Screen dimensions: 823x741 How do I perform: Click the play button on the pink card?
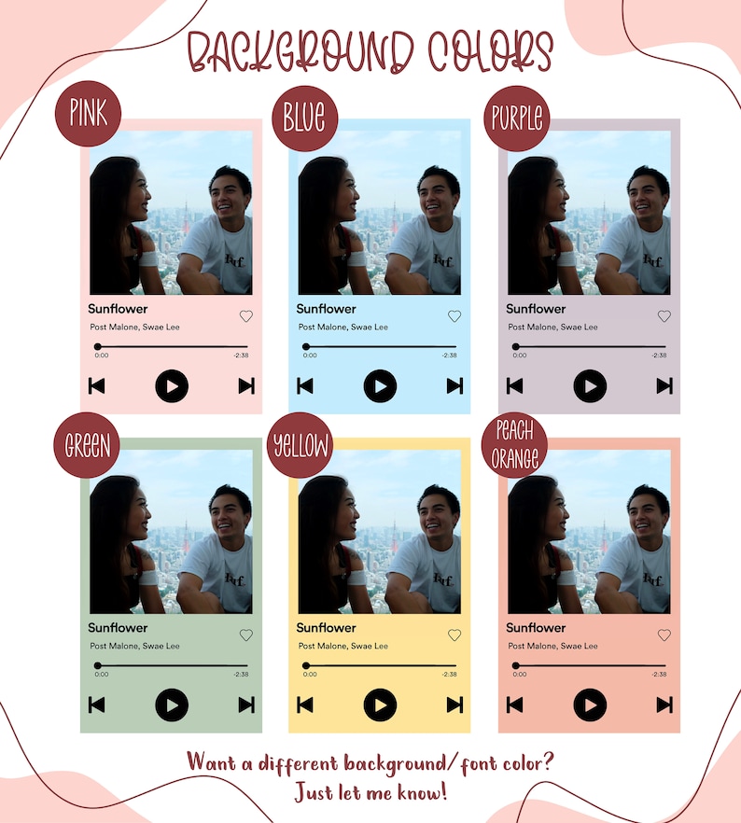click(x=172, y=385)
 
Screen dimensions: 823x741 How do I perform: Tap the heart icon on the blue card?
click(x=454, y=316)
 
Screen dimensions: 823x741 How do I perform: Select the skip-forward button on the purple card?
click(x=664, y=385)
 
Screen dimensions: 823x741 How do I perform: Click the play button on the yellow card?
click(x=380, y=704)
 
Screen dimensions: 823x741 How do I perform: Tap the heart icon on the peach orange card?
click(x=664, y=635)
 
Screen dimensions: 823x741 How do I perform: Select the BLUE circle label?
click(x=304, y=119)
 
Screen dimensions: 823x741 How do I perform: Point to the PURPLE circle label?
click(x=517, y=119)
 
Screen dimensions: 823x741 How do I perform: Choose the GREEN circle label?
click(x=88, y=445)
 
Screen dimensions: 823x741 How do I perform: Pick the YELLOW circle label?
click(x=301, y=446)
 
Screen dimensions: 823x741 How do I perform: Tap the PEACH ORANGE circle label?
click(x=515, y=446)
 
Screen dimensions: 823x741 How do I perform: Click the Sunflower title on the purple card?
click(x=536, y=309)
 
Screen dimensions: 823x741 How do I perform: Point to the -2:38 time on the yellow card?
click(x=449, y=674)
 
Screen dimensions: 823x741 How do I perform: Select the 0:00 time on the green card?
click(x=102, y=674)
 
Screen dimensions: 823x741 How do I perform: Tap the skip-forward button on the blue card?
click(x=454, y=385)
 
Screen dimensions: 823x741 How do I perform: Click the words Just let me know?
click(x=370, y=793)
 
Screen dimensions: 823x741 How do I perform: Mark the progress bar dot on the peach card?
click(x=516, y=665)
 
